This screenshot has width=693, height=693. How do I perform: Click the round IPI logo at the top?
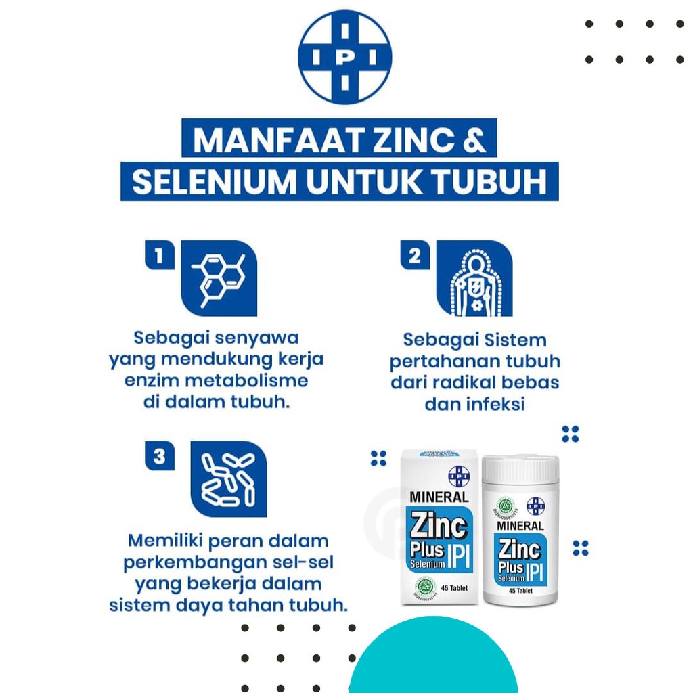click(x=345, y=57)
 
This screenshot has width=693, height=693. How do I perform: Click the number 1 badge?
click(x=160, y=256)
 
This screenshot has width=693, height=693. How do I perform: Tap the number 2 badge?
click(x=415, y=256)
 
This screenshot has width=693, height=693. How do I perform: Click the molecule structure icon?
click(x=219, y=278)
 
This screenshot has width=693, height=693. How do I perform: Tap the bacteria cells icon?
click(x=229, y=479)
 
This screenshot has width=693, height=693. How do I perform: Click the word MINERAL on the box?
click(x=439, y=497)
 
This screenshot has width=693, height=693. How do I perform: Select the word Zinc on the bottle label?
click(x=521, y=549)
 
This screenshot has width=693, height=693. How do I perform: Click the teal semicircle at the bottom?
click(x=433, y=660)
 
